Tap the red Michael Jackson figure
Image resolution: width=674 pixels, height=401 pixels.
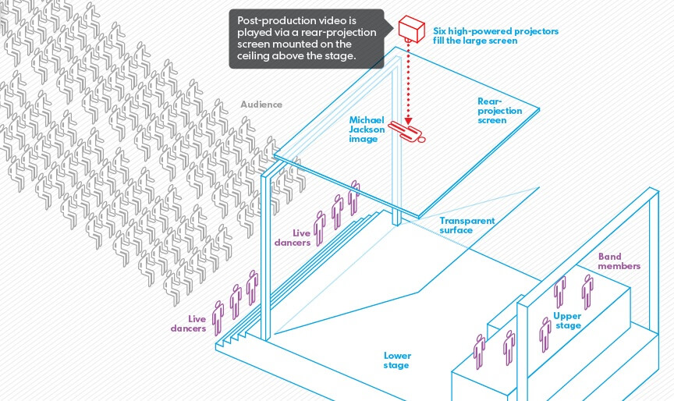408,132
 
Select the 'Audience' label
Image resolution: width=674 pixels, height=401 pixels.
261,105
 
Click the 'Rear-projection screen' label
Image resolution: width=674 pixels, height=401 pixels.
499,111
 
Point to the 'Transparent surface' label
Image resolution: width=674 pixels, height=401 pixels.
466,225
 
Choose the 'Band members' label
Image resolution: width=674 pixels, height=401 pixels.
619,261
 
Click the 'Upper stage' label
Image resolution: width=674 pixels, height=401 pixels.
567,321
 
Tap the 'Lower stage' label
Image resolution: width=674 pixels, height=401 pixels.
397,360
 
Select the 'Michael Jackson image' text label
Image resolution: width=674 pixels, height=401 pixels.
367,130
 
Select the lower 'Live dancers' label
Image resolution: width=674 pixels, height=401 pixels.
189,324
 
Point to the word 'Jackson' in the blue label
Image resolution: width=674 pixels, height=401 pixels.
367,130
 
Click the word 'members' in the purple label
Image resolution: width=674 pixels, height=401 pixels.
619,267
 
